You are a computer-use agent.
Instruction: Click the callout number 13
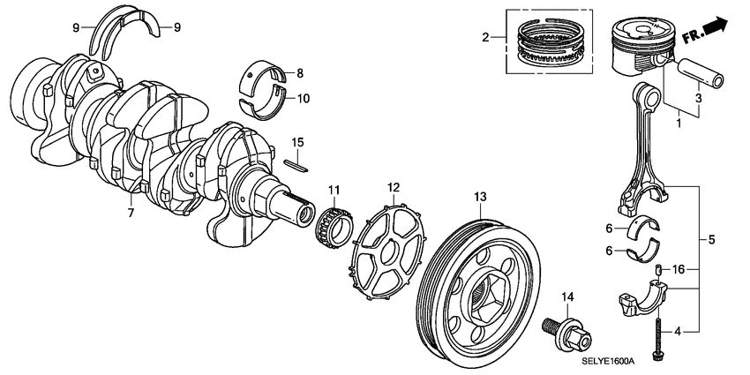coord(479,195)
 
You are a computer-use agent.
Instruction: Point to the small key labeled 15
coord(296,162)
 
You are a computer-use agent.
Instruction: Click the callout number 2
coord(484,37)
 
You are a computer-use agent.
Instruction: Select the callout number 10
coord(303,98)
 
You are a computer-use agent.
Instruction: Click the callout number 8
coord(299,72)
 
